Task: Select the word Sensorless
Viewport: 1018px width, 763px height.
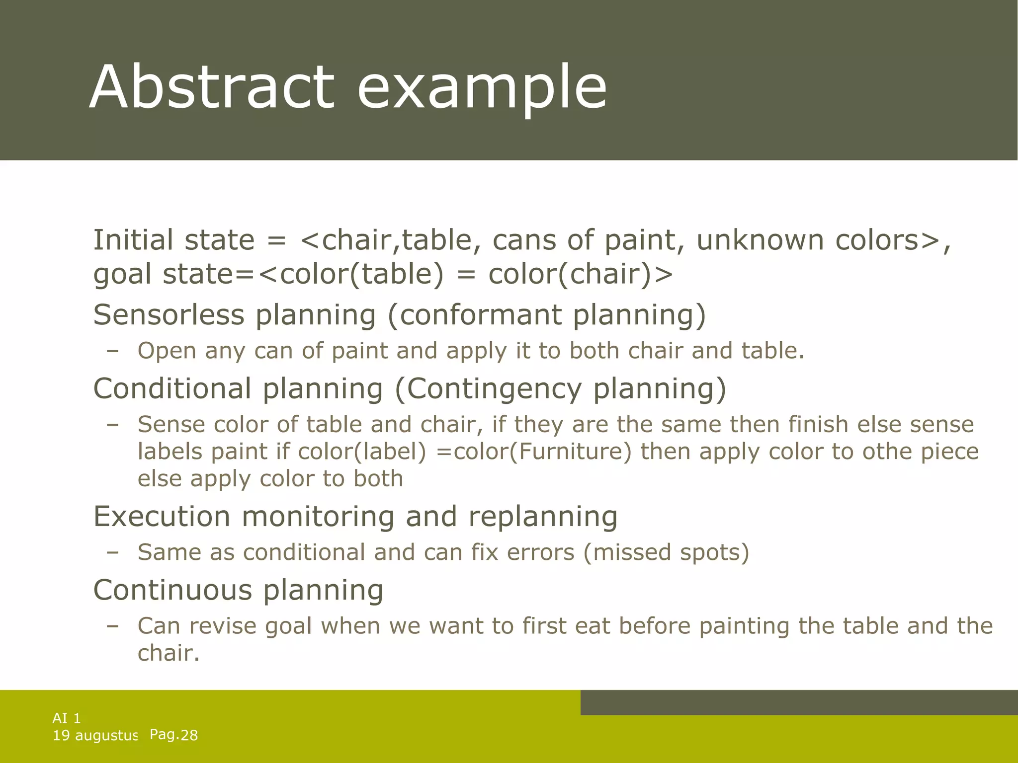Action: pos(169,315)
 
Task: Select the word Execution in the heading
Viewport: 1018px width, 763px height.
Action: pos(162,516)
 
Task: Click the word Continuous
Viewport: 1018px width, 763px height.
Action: pos(172,590)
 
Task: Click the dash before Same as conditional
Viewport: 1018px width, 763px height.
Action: pos(113,552)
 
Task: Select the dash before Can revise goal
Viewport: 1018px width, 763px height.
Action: pos(113,626)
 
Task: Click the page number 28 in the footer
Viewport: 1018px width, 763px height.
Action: pos(189,735)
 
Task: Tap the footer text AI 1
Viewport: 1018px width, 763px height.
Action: pos(67,718)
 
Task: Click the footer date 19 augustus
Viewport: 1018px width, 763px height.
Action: pos(95,736)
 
